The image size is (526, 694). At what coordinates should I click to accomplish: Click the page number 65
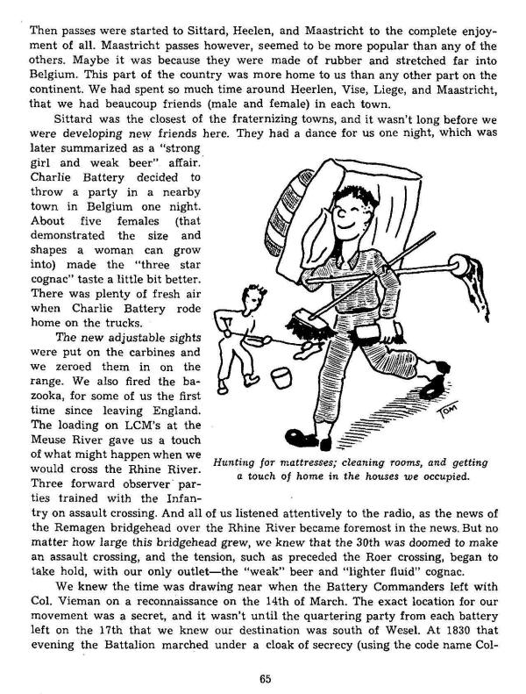tap(263, 676)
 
